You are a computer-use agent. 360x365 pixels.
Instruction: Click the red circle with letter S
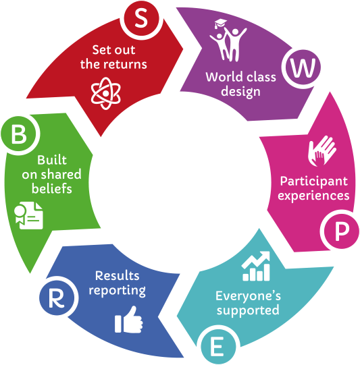click(x=141, y=18)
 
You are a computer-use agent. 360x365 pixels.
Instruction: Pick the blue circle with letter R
click(x=57, y=298)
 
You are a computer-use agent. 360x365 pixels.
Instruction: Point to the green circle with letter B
click(x=19, y=134)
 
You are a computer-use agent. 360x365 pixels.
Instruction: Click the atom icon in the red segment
click(x=105, y=93)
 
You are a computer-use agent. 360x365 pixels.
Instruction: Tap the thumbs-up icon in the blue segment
click(x=128, y=320)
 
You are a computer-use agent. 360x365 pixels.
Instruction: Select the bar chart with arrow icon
click(x=256, y=266)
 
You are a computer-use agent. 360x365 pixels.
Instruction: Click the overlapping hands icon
click(x=322, y=151)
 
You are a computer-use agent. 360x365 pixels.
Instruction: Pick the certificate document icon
click(x=28, y=215)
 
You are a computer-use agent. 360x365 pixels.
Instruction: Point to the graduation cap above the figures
click(x=220, y=24)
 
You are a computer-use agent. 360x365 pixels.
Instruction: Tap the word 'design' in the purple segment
click(x=240, y=92)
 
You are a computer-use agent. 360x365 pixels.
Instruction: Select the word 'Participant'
click(x=314, y=181)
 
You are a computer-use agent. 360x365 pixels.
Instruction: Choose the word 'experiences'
click(x=313, y=196)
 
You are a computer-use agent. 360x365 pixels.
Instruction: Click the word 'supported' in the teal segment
click(x=248, y=310)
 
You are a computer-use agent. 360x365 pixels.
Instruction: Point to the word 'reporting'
click(x=117, y=291)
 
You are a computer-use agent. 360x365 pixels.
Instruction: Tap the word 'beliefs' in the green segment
click(x=52, y=188)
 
